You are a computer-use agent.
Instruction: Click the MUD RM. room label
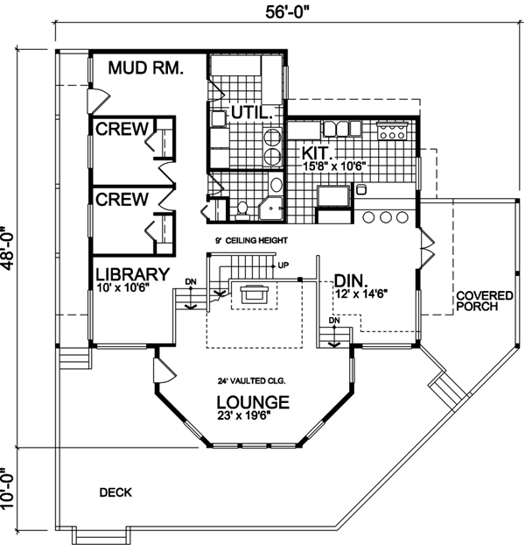click(x=145, y=67)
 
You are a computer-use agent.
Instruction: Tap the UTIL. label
click(x=250, y=113)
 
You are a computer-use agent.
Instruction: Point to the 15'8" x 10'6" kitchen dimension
click(x=335, y=166)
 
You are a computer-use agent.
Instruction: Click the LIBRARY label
click(x=132, y=274)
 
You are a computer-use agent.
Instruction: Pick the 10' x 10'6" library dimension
click(x=123, y=287)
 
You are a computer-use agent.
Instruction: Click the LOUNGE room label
click(x=253, y=402)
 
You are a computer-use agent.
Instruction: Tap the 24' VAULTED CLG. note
click(x=252, y=381)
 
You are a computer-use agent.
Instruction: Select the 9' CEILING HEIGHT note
click(x=252, y=241)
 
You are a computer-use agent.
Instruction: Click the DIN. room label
click(x=350, y=280)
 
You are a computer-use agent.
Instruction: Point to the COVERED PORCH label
click(x=485, y=301)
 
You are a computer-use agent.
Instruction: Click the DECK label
click(x=115, y=492)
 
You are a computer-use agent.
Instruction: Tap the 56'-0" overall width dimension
click(x=287, y=12)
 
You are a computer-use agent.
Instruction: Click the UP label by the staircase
click(x=283, y=265)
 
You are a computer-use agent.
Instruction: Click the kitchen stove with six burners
click(x=392, y=131)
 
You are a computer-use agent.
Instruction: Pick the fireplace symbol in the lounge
click(x=255, y=294)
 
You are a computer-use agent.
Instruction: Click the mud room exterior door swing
click(x=98, y=101)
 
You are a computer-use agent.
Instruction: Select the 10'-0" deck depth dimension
click(x=8, y=488)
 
